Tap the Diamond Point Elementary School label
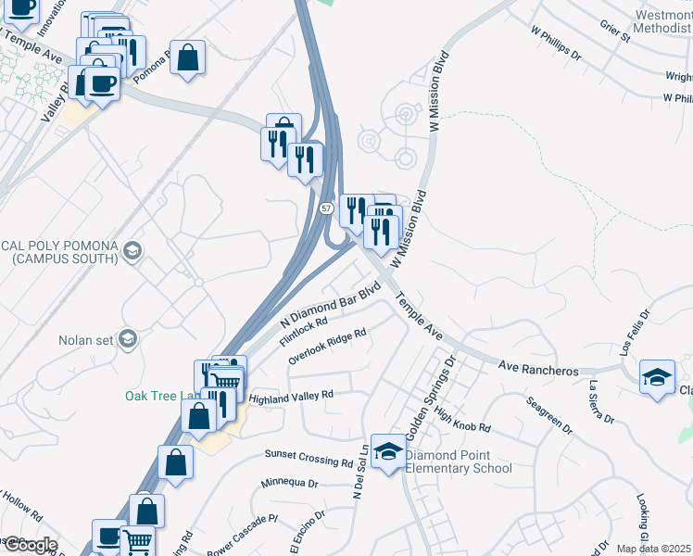coord(459,461)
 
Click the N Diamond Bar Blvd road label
coord(332,307)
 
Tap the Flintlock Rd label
coord(304,332)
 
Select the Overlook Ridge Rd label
coord(327,346)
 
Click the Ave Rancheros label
coord(538,369)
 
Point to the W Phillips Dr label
coord(556,44)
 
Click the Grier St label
coord(615,31)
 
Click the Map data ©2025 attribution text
coord(653,549)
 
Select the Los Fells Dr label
coord(628,349)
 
